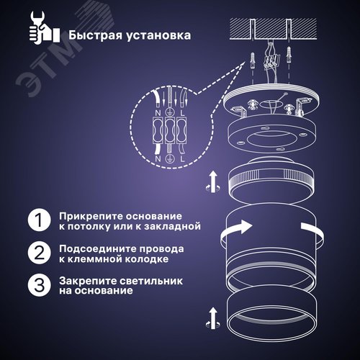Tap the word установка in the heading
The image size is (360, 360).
point(161,35)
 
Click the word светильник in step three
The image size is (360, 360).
point(158,280)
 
